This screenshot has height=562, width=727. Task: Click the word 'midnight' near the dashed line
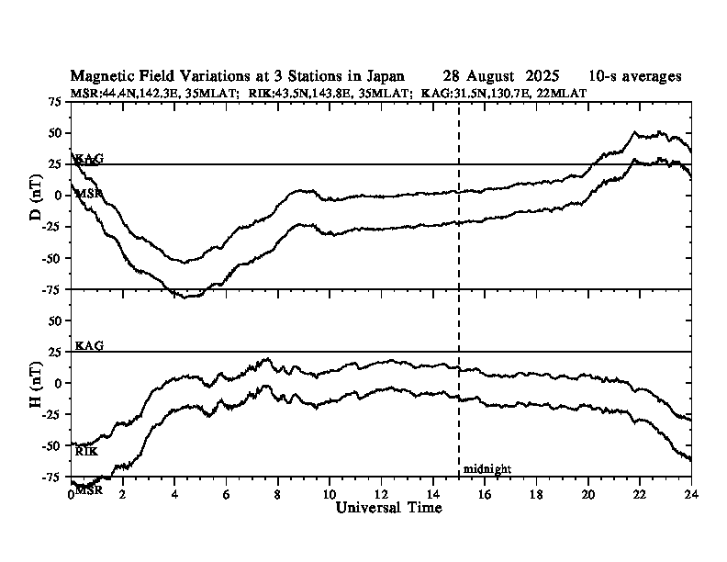[487, 469]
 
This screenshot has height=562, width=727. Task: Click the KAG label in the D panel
[89, 159]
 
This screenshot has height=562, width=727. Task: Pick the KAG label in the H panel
[89, 345]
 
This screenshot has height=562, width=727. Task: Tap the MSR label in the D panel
[89, 194]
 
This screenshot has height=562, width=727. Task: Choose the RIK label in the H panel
[86, 452]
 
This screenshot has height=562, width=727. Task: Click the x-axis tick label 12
[381, 494]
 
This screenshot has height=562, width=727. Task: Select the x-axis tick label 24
[691, 494]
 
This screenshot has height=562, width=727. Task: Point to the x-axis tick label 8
[278, 494]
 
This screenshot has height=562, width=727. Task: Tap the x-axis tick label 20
[587, 494]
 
